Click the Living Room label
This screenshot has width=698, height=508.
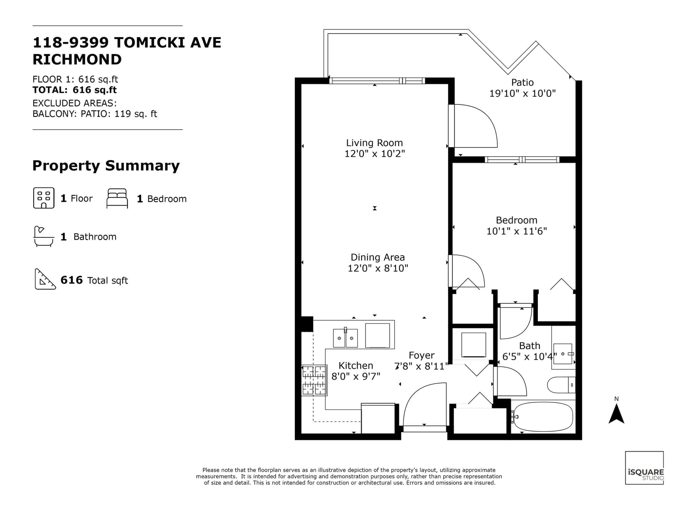374,143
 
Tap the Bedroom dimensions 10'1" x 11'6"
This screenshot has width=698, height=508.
517,231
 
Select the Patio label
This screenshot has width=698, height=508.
522,82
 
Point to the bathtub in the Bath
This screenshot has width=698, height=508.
543,417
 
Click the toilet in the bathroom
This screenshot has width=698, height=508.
561,385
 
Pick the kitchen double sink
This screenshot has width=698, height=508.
345,338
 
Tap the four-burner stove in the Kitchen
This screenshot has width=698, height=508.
314,380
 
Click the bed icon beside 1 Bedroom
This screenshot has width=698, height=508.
117,198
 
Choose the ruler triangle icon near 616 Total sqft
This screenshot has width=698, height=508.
45,279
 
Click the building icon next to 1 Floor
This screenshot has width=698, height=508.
44,198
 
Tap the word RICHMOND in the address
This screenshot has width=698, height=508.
77,59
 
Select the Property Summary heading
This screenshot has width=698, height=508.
106,166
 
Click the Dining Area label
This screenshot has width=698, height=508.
378,257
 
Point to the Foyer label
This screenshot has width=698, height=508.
421,355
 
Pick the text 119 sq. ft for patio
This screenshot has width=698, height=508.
136,114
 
